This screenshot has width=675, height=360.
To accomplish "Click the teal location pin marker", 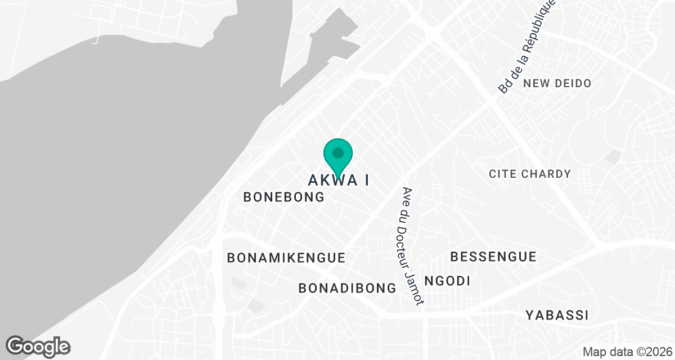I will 337,157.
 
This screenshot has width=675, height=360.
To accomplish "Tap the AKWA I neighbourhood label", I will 339,180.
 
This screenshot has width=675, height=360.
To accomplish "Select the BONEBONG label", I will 284,197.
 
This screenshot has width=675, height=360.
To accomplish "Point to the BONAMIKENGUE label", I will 286,258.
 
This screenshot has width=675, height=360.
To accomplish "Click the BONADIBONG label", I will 348,288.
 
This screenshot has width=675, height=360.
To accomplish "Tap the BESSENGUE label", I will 493,257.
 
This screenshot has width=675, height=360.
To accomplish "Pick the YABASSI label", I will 557,315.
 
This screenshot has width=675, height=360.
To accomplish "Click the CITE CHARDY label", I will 530,174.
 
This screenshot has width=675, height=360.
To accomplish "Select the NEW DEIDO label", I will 557,83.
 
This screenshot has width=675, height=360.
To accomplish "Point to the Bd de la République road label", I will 526,46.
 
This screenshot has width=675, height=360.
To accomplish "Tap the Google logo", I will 38,345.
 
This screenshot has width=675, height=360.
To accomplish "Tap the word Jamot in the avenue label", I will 418,290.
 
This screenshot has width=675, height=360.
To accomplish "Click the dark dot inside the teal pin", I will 338,152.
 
